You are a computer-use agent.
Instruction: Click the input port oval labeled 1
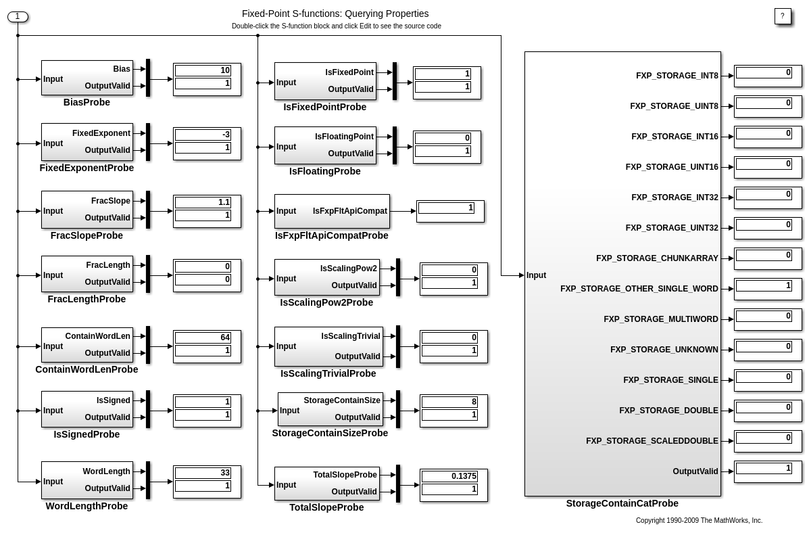coord(18,16)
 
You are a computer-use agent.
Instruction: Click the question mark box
coord(782,16)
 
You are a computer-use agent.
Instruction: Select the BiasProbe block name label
coord(87,102)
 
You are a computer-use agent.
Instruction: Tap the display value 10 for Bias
coord(203,70)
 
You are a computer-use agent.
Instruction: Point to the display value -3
coord(203,135)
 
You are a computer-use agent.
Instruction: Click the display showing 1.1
coord(203,202)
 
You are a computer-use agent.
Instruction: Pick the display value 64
coord(203,338)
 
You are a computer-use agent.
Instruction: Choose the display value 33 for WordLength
coord(203,473)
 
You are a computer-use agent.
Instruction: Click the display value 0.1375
coord(449,476)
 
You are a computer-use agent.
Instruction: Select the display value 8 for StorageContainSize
coord(449,402)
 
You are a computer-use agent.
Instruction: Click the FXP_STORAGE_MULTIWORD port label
coord(660,319)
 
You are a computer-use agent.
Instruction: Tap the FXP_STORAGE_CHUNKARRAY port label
coord(657,258)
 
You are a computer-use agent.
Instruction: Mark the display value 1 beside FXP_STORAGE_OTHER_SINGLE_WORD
coord(764,286)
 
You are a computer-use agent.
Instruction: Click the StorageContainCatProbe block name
coord(622,503)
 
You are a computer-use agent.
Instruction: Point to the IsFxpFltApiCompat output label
coord(349,211)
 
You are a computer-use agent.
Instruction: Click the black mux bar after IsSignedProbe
coord(148,409)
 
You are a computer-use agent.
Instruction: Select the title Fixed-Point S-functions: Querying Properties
coord(335,14)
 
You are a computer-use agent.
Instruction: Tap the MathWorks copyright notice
coord(699,520)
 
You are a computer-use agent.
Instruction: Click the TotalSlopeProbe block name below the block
coord(326,507)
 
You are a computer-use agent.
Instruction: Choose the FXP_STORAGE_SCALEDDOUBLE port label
coord(652,441)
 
